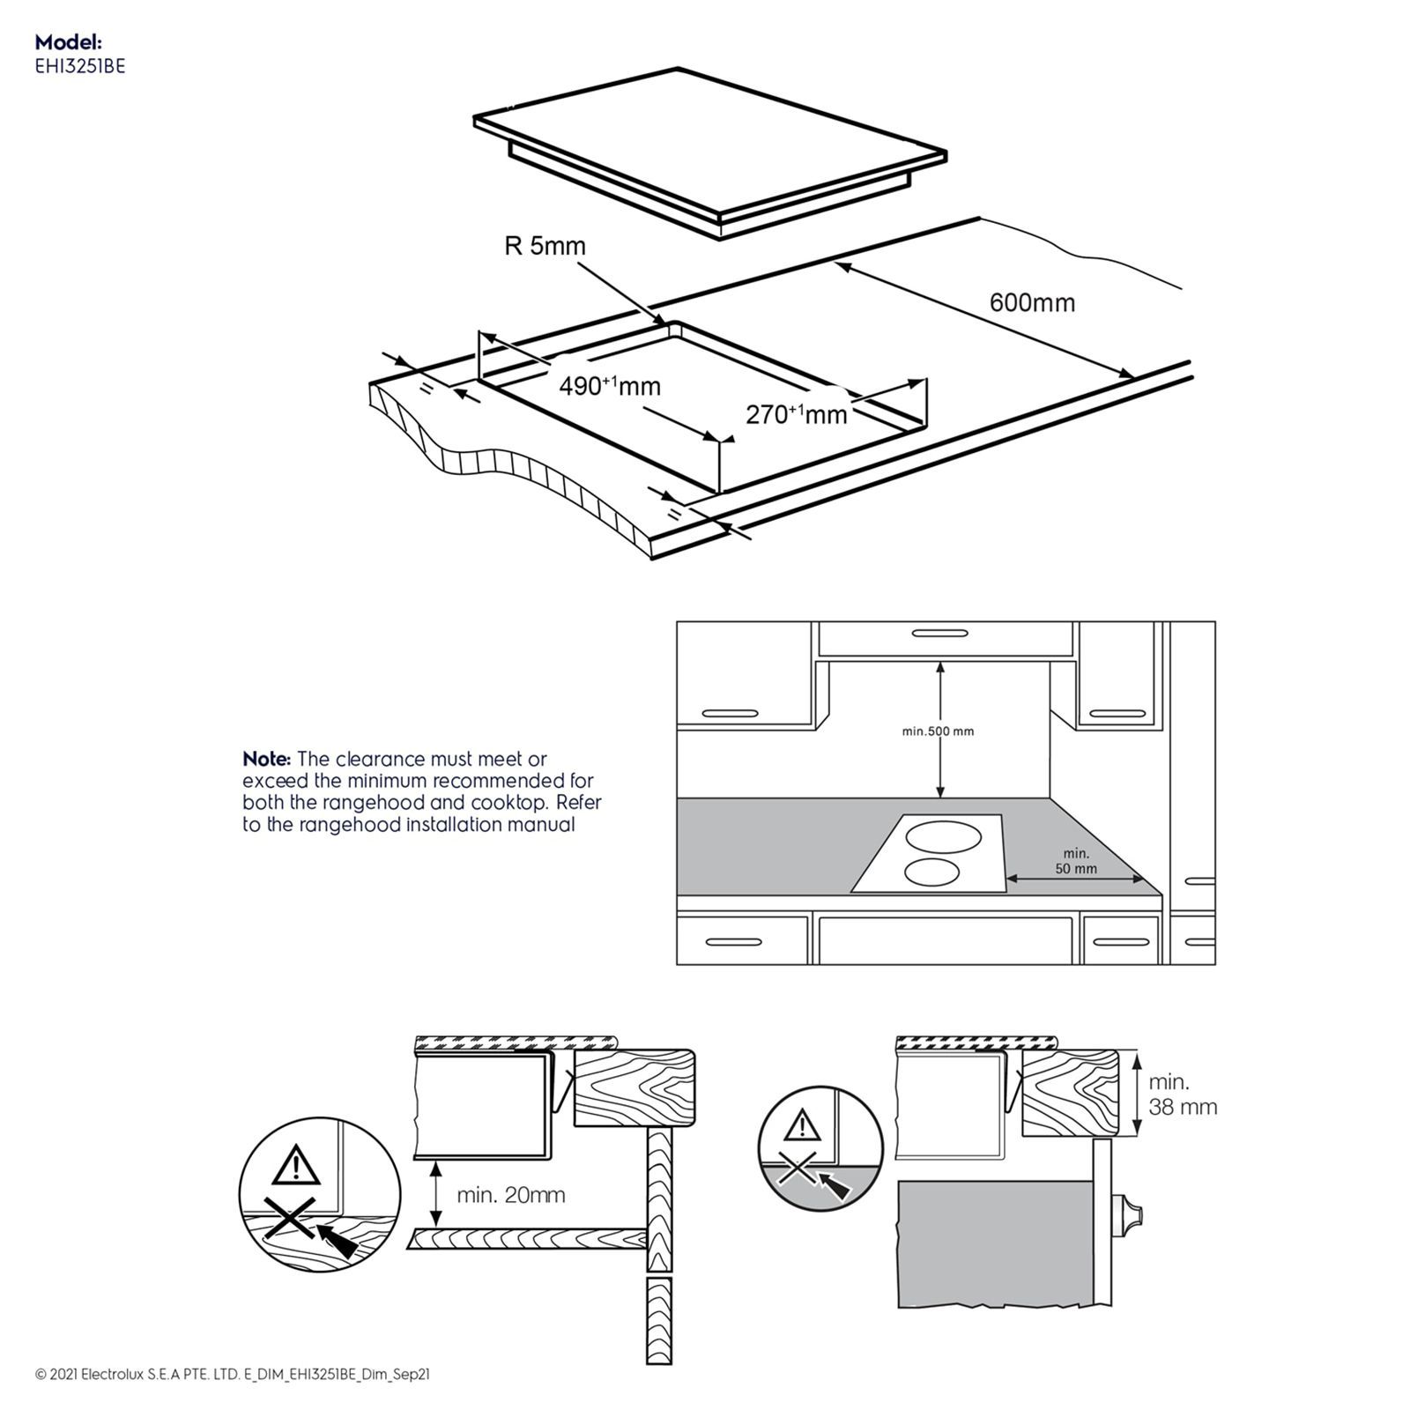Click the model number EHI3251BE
point(79,65)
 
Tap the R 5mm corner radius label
point(545,246)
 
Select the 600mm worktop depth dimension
point(1032,302)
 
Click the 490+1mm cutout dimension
point(610,386)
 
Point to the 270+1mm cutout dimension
point(796,413)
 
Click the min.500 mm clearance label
point(938,731)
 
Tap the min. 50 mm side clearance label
point(1076,860)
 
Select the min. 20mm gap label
point(510,1195)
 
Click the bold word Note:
point(266,759)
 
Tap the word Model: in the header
point(69,41)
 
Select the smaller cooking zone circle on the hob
point(931,872)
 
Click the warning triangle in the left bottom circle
point(296,1167)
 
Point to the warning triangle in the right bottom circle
point(801,1125)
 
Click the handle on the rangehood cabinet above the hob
point(939,633)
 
